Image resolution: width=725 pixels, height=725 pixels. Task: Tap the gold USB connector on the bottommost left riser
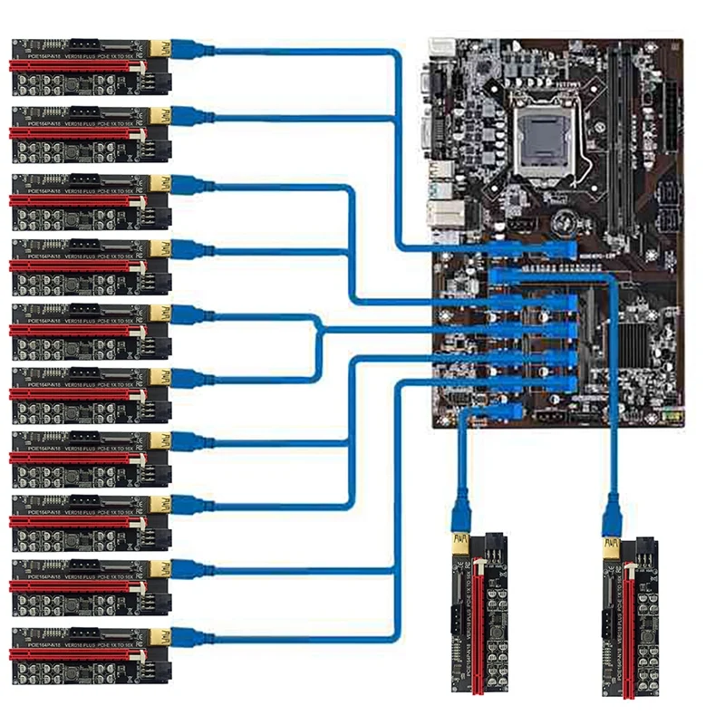point(160,633)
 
